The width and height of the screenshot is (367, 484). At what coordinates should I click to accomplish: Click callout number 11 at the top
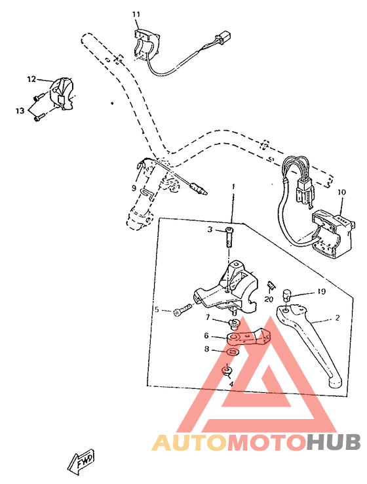(136, 14)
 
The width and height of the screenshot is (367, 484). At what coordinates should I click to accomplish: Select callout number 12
(31, 79)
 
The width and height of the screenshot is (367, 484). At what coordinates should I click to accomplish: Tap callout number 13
(20, 110)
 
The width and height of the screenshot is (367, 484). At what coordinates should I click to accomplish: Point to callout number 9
(134, 188)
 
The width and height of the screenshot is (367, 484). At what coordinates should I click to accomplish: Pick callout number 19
(322, 291)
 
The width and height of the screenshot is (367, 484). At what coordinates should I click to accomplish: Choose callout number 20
(269, 299)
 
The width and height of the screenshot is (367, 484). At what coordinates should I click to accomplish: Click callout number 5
(157, 310)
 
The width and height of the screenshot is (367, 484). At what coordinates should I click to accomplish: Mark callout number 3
(210, 230)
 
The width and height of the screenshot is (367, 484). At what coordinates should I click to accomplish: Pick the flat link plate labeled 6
(249, 336)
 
